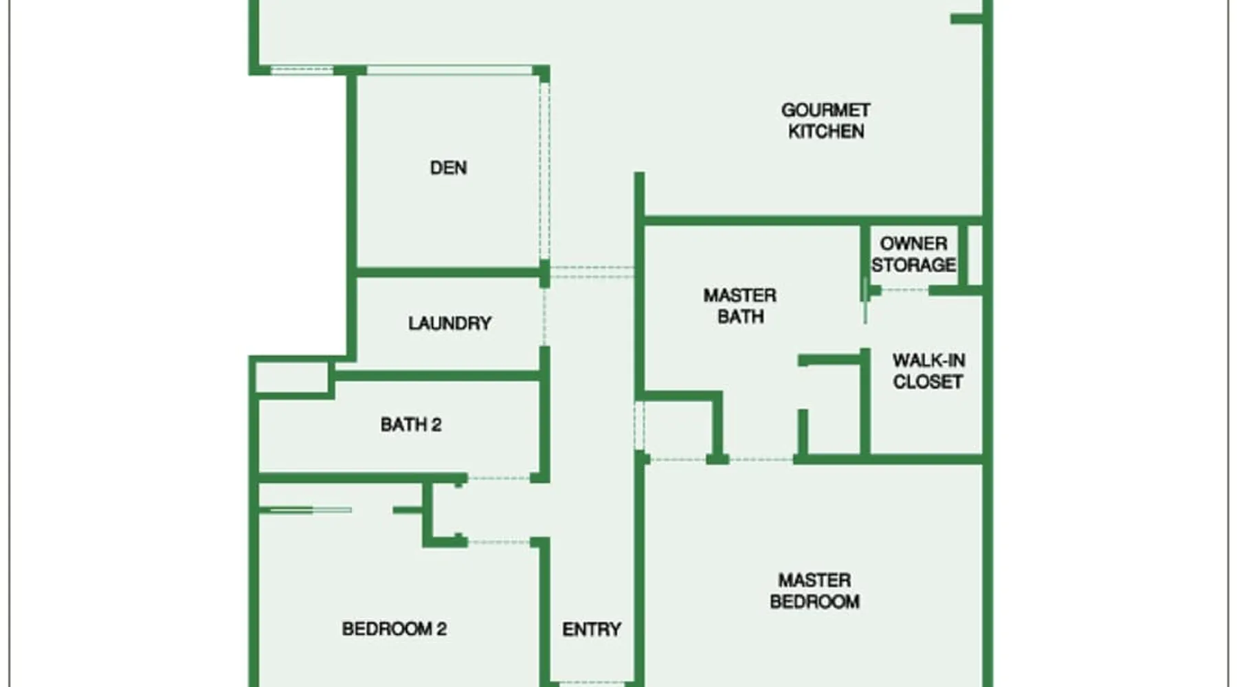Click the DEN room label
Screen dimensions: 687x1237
pyautogui.click(x=448, y=168)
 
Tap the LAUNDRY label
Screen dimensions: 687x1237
pyautogui.click(x=449, y=323)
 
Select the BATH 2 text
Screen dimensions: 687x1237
pyautogui.click(x=411, y=425)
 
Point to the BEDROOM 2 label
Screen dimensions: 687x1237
pyautogui.click(x=394, y=629)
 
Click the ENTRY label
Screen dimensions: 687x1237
pyautogui.click(x=592, y=629)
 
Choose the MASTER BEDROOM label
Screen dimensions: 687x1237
pyautogui.click(x=814, y=591)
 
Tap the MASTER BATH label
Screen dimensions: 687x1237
pyautogui.click(x=740, y=306)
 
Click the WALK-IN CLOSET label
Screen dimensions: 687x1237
pyautogui.click(x=928, y=371)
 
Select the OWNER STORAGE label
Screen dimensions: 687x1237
pyautogui.click(x=913, y=254)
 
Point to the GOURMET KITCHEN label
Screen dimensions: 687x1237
pyautogui.click(x=825, y=121)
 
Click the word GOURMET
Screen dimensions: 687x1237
pyautogui.click(x=825, y=110)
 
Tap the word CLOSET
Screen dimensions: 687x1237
pyautogui.click(x=928, y=382)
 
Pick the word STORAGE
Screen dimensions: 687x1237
pyautogui.click(x=913, y=265)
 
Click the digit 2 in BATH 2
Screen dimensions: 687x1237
pyautogui.click(x=436, y=425)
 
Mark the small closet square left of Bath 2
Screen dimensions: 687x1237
pyautogui.click(x=292, y=378)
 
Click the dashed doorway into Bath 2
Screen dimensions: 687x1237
pyautogui.click(x=499, y=477)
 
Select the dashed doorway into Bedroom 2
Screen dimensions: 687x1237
pyautogui.click(x=499, y=542)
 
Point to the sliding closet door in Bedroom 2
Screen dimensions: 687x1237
pyautogui.click(x=309, y=510)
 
